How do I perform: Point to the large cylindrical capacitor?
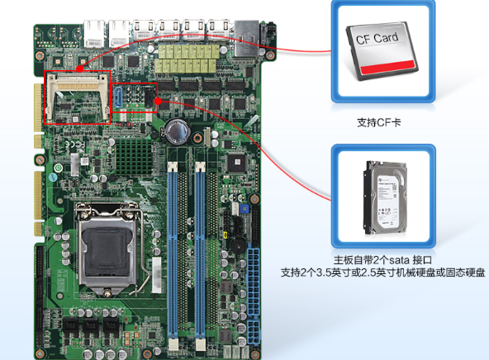pyautogui.click(x=177, y=131)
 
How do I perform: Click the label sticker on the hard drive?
pyautogui.click(x=386, y=199)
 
